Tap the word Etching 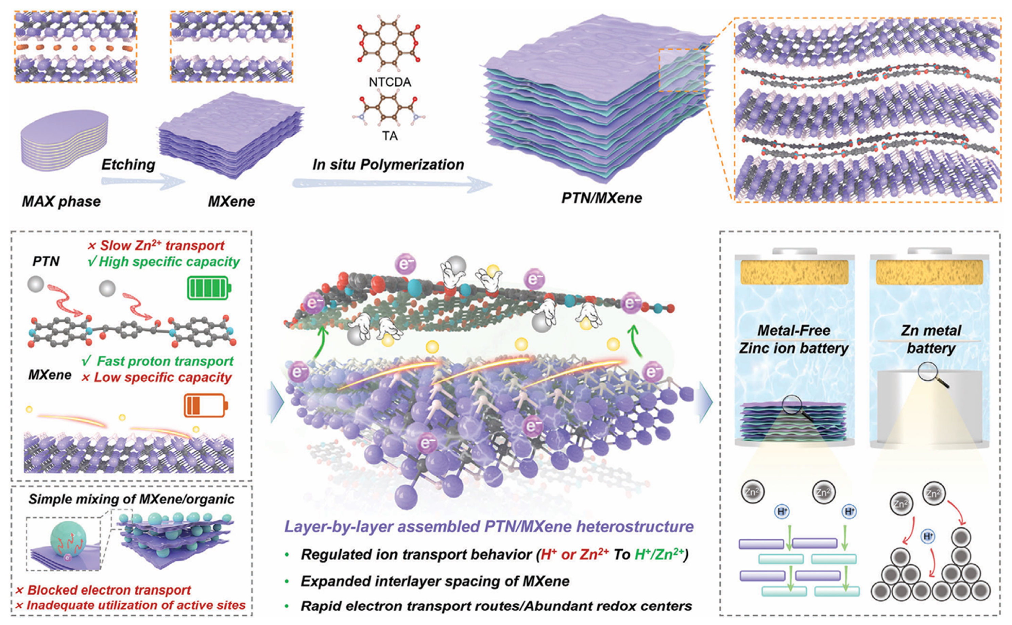coord(128,164)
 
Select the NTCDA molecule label coord(390,82)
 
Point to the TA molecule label coord(390,136)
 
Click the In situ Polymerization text coord(388,164)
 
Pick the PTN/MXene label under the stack coord(601,198)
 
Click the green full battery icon coord(208,288)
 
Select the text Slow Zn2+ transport coord(156,245)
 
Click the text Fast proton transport coord(158,361)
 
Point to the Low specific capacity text coord(157,377)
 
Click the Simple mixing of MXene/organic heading coord(131,499)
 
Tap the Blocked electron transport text coord(103,590)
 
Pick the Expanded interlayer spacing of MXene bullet coord(435,581)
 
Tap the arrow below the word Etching coord(143,182)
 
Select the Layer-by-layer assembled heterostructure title coord(488,527)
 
